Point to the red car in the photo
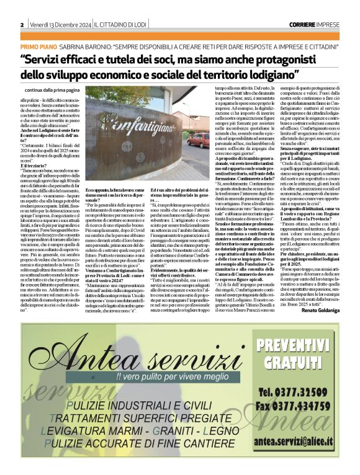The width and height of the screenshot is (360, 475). [200, 140]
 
